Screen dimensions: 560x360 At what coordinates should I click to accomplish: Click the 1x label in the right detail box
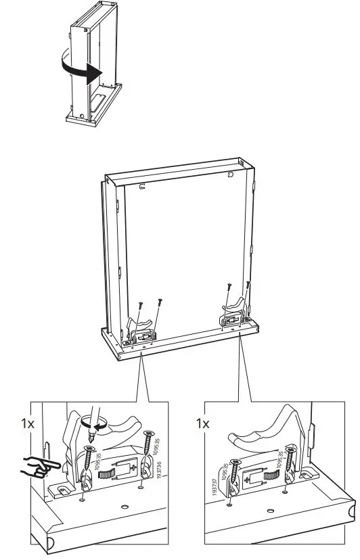coord(203,423)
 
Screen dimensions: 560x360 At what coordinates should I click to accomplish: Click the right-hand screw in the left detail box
coord(148,450)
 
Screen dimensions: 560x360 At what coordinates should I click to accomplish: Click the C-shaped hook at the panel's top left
coord(143,185)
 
